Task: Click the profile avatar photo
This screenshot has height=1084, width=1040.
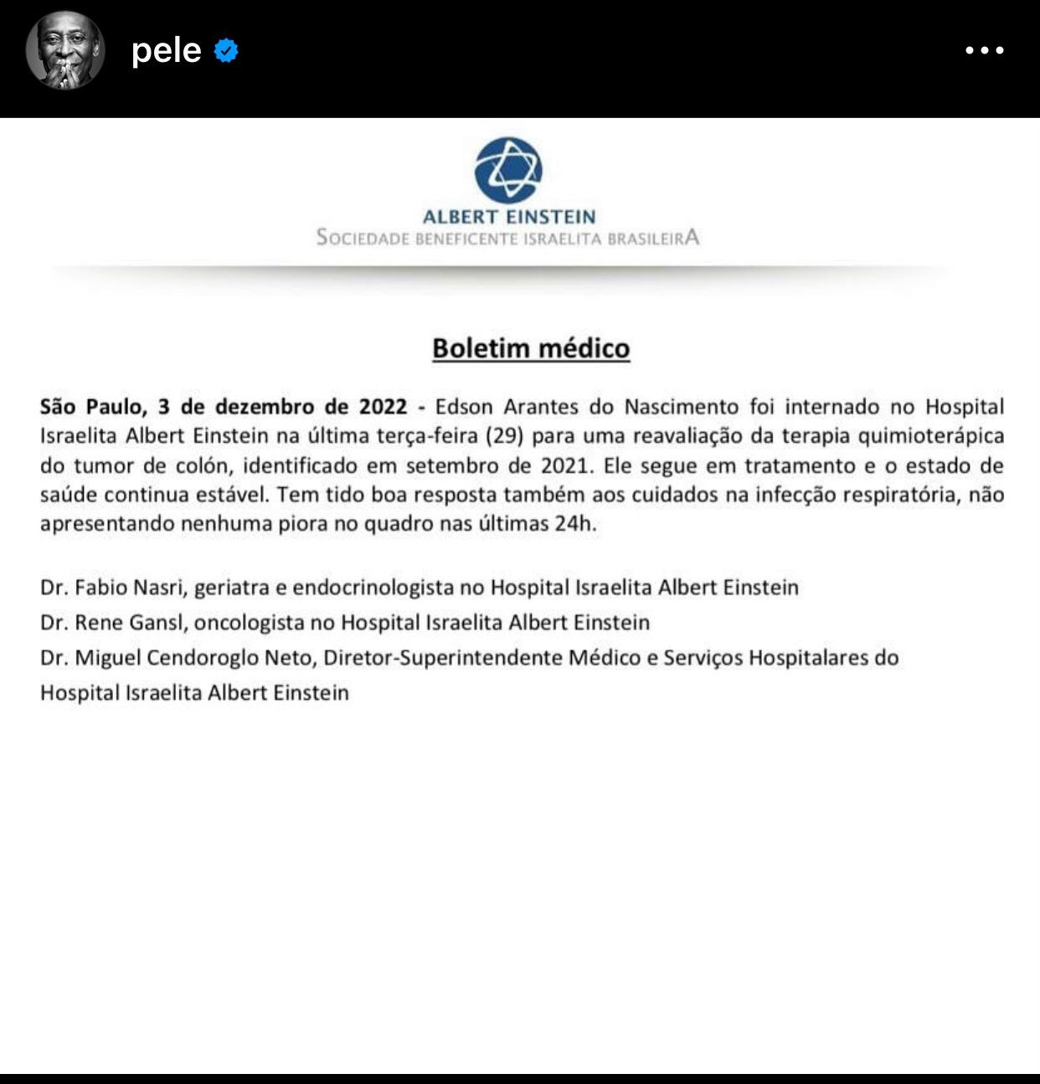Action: tap(65, 50)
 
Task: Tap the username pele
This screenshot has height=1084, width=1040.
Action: tap(166, 51)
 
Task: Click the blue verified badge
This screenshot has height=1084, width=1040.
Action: tap(226, 51)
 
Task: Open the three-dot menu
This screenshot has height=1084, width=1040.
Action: tap(984, 50)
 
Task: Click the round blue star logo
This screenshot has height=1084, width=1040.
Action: tap(508, 170)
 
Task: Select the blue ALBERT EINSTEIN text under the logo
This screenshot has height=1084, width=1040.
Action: tap(508, 217)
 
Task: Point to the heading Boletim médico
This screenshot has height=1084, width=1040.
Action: tap(531, 348)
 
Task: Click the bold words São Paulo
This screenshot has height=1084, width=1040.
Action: tap(92, 408)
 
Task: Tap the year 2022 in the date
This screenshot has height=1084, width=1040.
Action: tap(383, 407)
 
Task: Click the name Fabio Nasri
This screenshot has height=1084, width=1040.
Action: tap(128, 588)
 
